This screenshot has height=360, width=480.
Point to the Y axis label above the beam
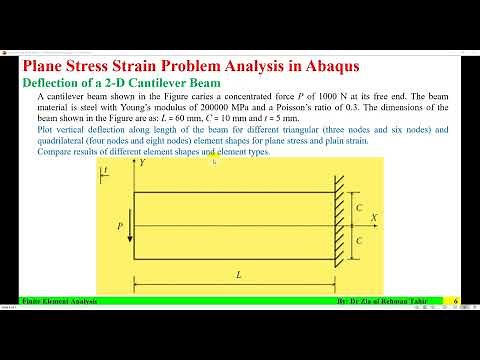(x=143, y=160)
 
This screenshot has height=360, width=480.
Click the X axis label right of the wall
(x=373, y=216)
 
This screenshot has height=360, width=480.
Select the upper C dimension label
(x=359, y=206)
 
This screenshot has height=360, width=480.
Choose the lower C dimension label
(x=359, y=241)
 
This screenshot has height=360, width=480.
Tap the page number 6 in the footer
(x=455, y=301)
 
